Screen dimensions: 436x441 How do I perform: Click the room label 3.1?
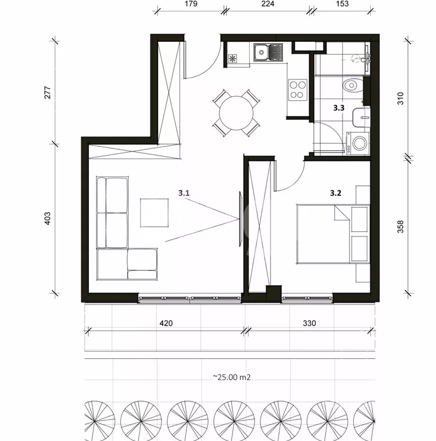[x=184, y=193]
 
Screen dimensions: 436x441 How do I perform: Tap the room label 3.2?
[x=335, y=193]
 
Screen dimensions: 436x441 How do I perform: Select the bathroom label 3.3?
[x=339, y=108]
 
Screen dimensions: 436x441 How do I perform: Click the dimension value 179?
[x=191, y=3]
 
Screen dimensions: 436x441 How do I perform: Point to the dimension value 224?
[x=268, y=3]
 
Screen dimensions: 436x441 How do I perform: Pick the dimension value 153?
[x=342, y=3]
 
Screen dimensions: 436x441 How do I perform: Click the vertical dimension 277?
[x=47, y=92]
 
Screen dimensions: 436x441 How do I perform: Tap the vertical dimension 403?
[x=47, y=219]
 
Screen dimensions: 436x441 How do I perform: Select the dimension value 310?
[x=401, y=99]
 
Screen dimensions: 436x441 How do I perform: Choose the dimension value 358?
[x=401, y=226]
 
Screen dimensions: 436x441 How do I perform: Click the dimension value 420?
[x=166, y=323]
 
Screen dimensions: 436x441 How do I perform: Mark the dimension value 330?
[x=309, y=323]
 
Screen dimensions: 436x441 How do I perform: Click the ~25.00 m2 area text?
[x=231, y=377]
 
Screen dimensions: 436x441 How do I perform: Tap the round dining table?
[x=236, y=113]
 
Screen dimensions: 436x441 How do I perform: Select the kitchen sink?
[x=268, y=52]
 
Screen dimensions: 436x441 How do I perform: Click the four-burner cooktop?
[x=298, y=90]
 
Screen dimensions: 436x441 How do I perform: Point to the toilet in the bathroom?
[x=353, y=85]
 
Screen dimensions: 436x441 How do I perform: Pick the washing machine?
[x=358, y=143]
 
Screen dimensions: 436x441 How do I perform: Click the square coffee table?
[x=155, y=213]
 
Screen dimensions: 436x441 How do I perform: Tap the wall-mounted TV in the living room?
[x=240, y=219]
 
